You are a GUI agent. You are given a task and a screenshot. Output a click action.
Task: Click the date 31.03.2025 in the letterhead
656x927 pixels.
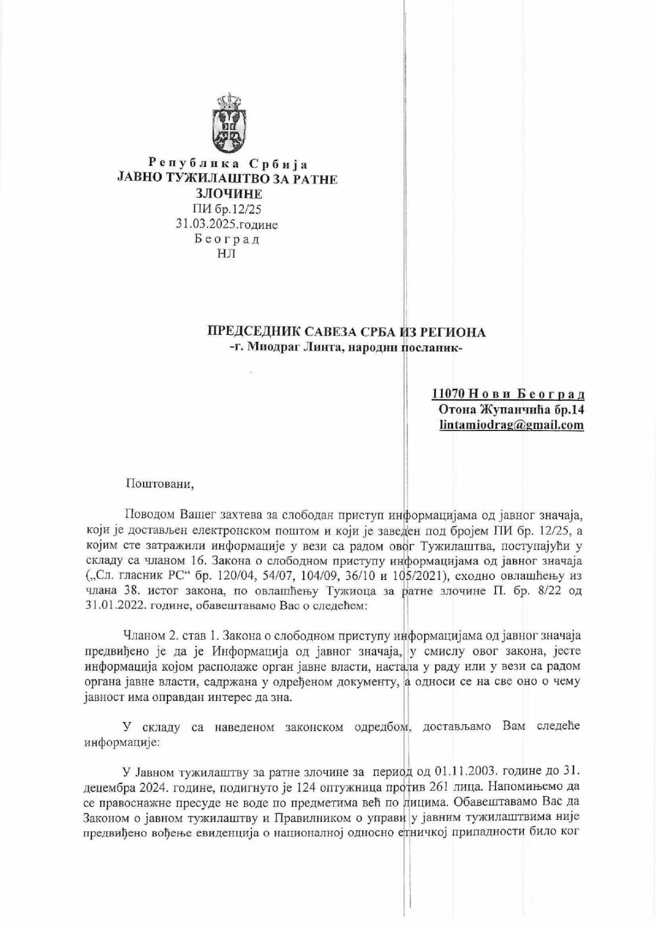[x=205, y=223]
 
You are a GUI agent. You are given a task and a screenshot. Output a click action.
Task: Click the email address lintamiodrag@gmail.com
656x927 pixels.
[x=511, y=425]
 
